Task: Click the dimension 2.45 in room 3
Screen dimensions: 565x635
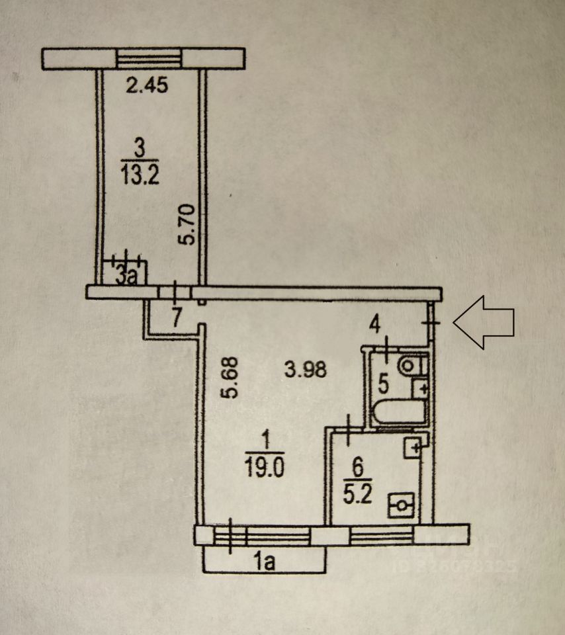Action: pos(147,85)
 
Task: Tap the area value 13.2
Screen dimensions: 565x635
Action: pos(140,177)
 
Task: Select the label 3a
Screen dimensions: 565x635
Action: pos(126,276)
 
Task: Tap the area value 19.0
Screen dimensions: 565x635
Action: pos(265,468)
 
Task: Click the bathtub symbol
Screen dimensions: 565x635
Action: pos(399,413)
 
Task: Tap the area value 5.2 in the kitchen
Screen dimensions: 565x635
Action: pos(357,495)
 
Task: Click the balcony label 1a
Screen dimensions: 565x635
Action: pos(265,562)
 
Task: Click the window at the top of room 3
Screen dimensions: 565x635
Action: pos(149,60)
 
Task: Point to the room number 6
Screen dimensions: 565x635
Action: pos(357,467)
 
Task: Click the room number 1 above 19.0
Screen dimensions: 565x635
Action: pos(265,440)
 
